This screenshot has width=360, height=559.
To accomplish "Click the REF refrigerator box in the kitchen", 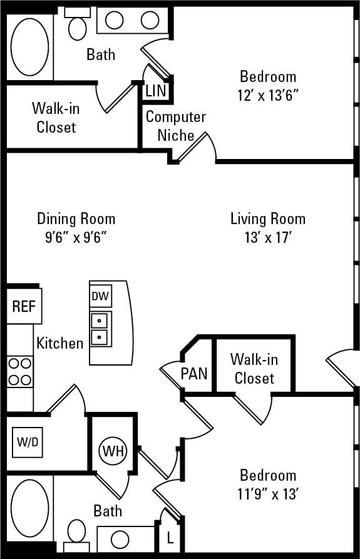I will [x=24, y=306].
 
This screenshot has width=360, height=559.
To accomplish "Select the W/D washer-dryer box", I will [x=28, y=442].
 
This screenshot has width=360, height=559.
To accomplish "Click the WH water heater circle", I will [x=113, y=450].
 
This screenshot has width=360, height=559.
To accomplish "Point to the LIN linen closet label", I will [x=155, y=90].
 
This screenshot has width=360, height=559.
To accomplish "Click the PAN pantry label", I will [x=193, y=374].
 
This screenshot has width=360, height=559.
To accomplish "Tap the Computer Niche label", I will [x=175, y=126].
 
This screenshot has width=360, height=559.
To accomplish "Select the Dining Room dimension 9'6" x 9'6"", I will [x=76, y=238].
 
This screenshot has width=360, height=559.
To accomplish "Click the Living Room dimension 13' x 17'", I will [x=268, y=238].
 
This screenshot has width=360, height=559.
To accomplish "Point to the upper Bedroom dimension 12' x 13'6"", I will [x=268, y=96].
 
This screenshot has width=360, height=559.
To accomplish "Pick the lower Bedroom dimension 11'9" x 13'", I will [x=268, y=494].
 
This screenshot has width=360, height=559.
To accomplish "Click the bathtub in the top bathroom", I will [x=29, y=43].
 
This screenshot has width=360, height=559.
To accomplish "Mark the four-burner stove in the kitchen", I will [x=19, y=371].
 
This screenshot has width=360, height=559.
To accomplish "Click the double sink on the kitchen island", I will [x=100, y=330].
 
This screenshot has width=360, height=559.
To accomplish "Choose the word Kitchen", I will [x=59, y=343].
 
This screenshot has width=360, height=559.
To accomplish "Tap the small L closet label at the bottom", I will [x=170, y=538].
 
